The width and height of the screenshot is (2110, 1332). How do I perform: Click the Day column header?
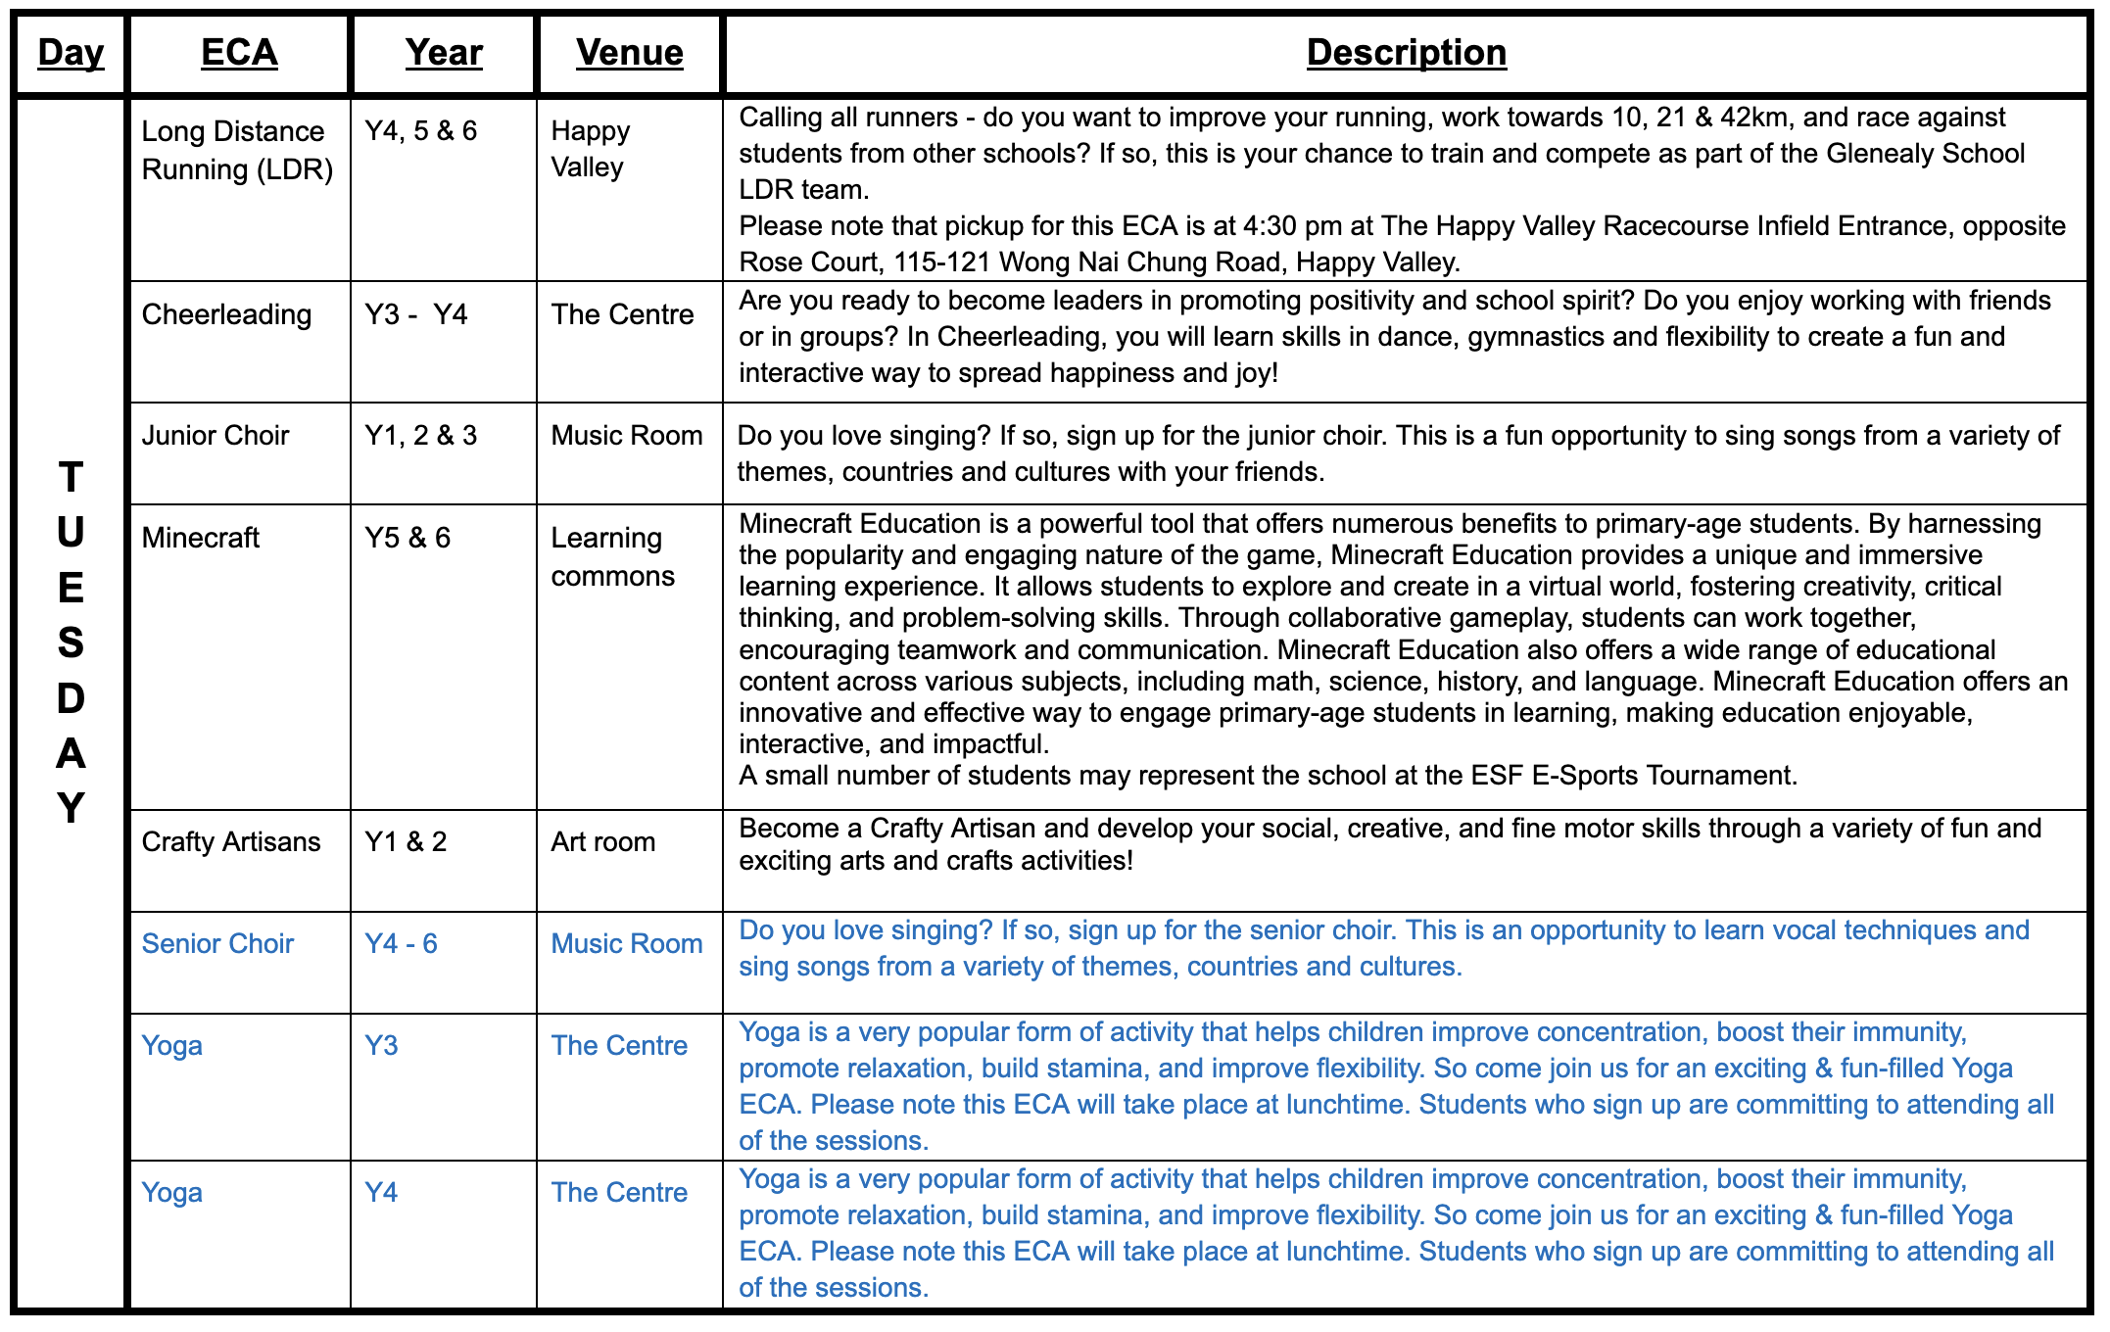point(71,53)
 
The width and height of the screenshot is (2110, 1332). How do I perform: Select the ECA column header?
point(239,53)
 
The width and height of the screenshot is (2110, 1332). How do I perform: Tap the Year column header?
point(444,53)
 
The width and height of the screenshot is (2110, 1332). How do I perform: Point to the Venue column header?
point(629,53)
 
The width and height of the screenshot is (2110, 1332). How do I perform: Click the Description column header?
point(1406,53)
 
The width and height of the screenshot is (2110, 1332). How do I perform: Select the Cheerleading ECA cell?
point(226,314)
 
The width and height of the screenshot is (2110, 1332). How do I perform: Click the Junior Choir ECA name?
point(216,435)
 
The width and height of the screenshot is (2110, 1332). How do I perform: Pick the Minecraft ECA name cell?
point(201,538)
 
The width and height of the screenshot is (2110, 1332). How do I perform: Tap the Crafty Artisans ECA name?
point(231,841)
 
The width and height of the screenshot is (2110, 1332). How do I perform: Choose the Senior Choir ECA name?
point(217,943)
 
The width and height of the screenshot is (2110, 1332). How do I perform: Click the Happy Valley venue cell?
point(591,149)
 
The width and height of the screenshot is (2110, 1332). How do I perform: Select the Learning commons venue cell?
point(612,556)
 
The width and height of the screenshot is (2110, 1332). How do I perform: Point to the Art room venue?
point(602,841)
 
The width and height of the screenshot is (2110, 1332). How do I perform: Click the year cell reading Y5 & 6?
point(408,538)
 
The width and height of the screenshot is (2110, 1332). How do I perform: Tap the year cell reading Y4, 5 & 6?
point(420,131)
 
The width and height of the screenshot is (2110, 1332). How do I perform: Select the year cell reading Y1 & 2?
point(406,841)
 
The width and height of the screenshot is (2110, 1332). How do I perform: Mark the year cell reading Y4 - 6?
point(401,943)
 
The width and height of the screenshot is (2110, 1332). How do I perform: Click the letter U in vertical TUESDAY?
point(71,533)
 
